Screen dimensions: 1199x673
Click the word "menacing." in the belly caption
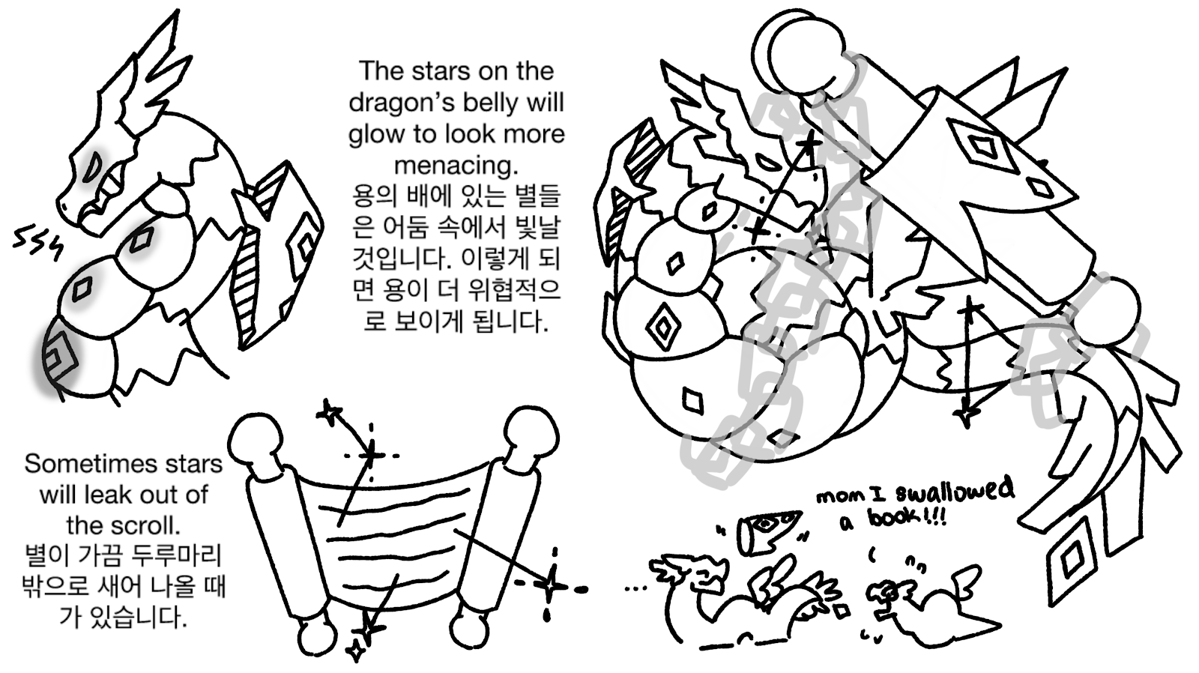(456, 166)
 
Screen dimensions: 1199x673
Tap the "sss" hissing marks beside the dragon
(37, 244)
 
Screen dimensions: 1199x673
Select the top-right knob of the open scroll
(531, 435)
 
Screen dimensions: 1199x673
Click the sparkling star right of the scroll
(552, 585)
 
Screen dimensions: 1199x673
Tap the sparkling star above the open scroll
(372, 455)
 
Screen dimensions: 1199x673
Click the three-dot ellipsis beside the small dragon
(635, 589)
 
